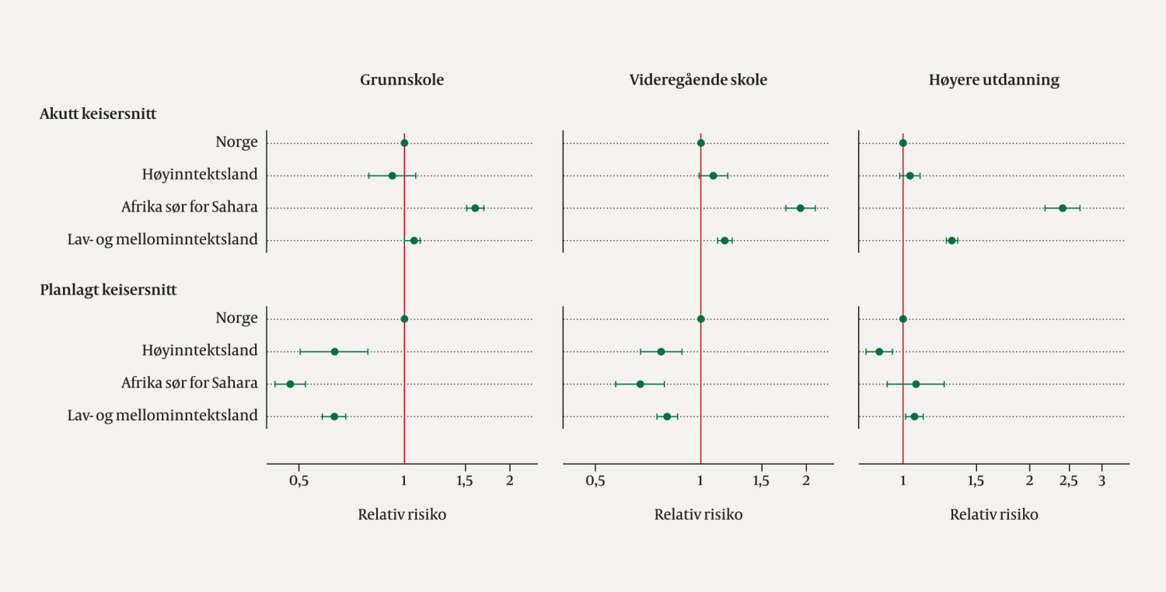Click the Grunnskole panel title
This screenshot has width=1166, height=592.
(402, 80)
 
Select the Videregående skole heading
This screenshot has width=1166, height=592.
(698, 80)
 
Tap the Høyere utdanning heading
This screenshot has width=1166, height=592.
(994, 80)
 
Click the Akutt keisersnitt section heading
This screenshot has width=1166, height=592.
(98, 113)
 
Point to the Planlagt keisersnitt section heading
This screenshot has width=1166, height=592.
(108, 290)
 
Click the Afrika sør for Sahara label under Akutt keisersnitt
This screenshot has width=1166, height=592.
(189, 207)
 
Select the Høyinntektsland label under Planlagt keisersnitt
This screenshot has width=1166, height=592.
(200, 350)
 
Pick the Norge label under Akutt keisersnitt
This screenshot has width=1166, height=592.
(236, 142)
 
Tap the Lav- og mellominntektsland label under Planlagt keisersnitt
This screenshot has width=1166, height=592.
(162, 416)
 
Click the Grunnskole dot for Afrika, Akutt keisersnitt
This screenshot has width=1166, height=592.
(475, 208)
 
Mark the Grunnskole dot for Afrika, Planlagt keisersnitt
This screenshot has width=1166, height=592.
(290, 384)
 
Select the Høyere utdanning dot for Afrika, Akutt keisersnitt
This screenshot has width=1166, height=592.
(1063, 208)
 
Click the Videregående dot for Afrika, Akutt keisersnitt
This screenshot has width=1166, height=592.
(800, 208)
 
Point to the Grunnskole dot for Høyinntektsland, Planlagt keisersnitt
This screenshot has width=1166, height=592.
(334, 351)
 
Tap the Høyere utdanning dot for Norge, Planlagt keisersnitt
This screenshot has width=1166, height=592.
(902, 319)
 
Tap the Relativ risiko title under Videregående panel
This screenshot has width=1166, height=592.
(698, 514)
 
